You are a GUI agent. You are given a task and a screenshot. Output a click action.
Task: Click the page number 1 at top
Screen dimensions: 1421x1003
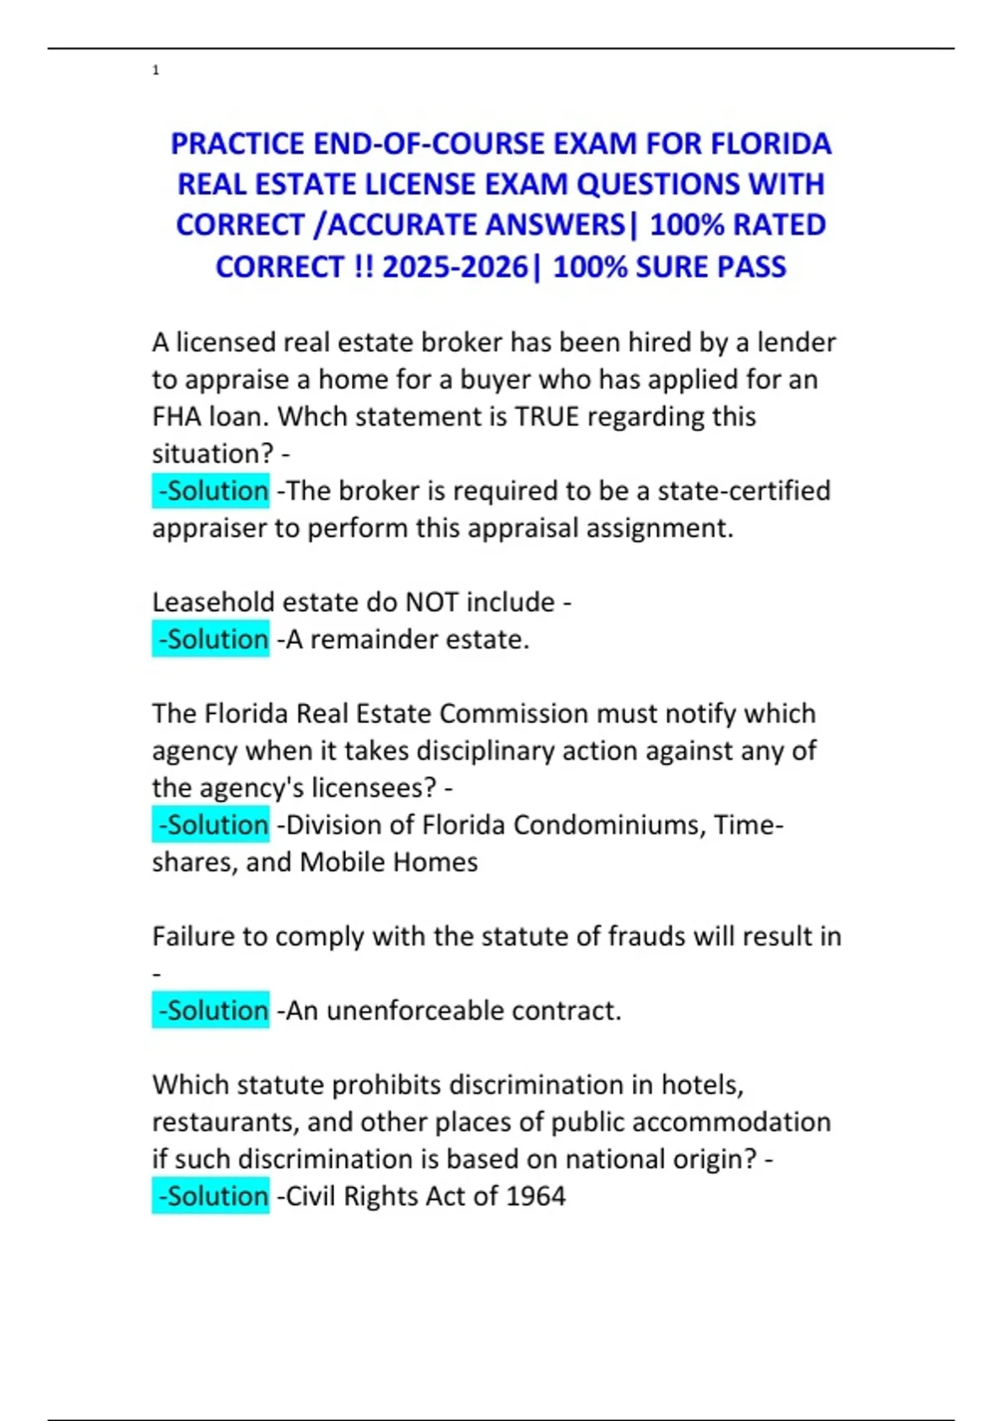[155, 70]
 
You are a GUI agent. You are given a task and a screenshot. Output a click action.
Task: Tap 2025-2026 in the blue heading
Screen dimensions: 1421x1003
[455, 267]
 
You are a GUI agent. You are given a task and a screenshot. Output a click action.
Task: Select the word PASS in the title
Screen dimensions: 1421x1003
[751, 267]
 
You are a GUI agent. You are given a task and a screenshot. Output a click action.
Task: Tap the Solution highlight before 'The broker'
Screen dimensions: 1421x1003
[211, 491]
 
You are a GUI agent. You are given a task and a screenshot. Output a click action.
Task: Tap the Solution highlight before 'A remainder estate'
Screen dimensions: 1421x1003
[211, 639]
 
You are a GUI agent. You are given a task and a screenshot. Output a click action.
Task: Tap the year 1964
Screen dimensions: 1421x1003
[535, 1196]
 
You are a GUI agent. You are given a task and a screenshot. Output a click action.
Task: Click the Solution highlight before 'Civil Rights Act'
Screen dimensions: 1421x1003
[211, 1196]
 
